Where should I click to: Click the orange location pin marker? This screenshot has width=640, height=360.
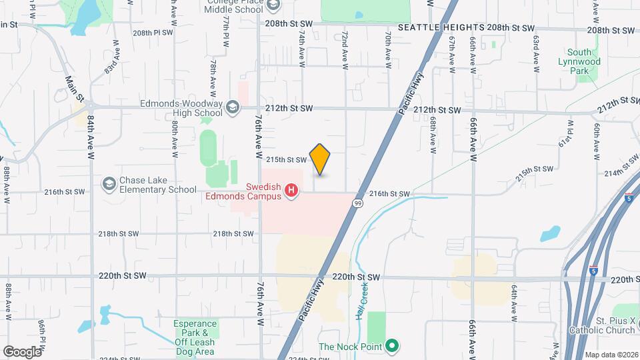point(320,159)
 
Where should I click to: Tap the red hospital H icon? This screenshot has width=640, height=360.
point(291,192)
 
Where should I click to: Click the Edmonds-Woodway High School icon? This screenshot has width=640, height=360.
point(232,107)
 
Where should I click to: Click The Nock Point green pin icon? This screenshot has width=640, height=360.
point(393,346)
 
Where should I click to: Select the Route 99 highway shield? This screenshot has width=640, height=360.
point(358,204)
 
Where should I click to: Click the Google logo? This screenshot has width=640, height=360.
point(22,351)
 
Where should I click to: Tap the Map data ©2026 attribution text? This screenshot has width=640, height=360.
point(611,355)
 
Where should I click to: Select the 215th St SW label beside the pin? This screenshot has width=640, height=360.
point(286,160)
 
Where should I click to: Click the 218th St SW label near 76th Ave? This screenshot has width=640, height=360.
point(233,234)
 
